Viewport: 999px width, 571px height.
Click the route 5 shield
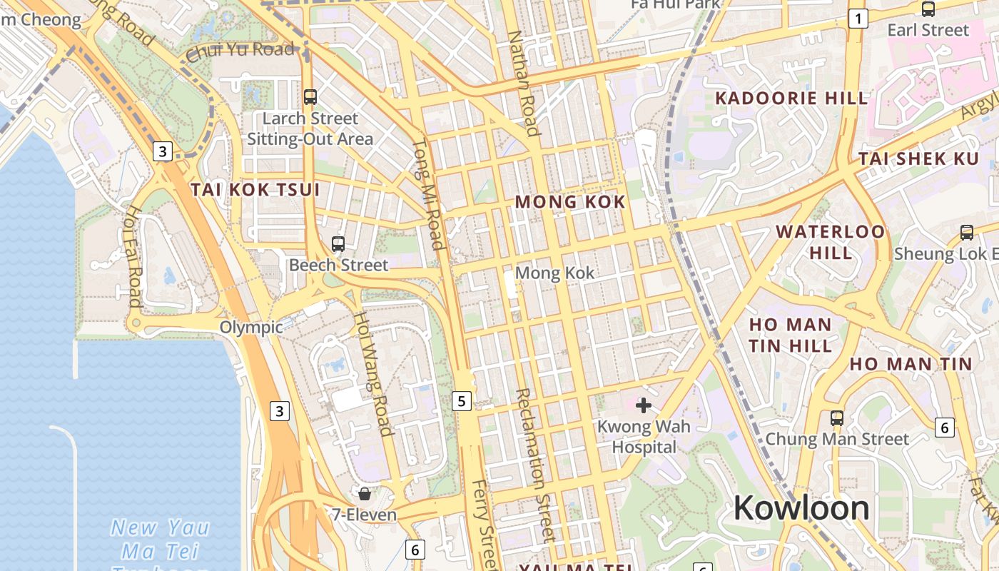coord(462,401)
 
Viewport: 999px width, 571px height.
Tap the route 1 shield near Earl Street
coord(858,19)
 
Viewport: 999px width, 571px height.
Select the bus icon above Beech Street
coord(338,244)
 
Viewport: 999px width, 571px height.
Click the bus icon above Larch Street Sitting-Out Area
coord(310,96)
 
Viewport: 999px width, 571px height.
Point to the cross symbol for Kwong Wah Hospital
coord(644,405)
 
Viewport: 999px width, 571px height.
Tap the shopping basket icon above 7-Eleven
coord(365,493)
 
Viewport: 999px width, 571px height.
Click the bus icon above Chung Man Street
coord(837,418)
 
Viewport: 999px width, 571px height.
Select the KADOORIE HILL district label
coord(791,98)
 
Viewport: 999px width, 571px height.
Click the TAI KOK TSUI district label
coord(255,190)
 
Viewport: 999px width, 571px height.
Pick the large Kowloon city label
coord(801,508)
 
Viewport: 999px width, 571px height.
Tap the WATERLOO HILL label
coord(831,242)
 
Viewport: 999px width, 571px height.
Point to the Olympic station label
coord(251,328)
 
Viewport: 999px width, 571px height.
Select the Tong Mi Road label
coord(429,194)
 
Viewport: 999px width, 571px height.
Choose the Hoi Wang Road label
coord(374,373)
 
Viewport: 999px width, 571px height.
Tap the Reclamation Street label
coord(534,464)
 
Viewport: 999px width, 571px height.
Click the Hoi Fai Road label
coord(134,256)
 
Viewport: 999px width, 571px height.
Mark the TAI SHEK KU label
coord(918,158)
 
